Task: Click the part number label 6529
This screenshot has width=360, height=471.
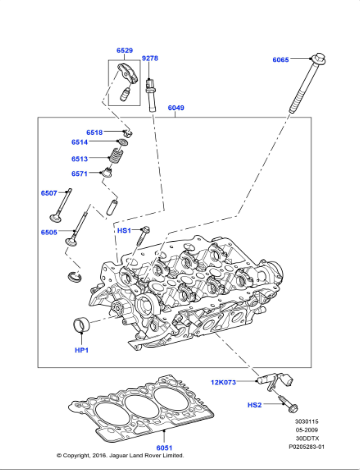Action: [124, 50]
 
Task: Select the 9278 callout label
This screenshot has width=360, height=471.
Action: [150, 59]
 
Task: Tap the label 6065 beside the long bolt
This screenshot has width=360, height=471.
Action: [280, 60]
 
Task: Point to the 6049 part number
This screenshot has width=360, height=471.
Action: [176, 107]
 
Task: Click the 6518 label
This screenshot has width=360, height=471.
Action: [94, 132]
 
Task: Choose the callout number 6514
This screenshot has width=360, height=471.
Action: [79, 143]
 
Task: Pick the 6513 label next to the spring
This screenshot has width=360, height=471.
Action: [79, 158]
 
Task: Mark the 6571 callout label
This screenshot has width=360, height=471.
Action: [79, 173]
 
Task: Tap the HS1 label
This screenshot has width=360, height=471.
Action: [124, 230]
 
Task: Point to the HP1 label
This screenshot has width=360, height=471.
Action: [81, 350]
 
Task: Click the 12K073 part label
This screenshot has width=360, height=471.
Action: [224, 382]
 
